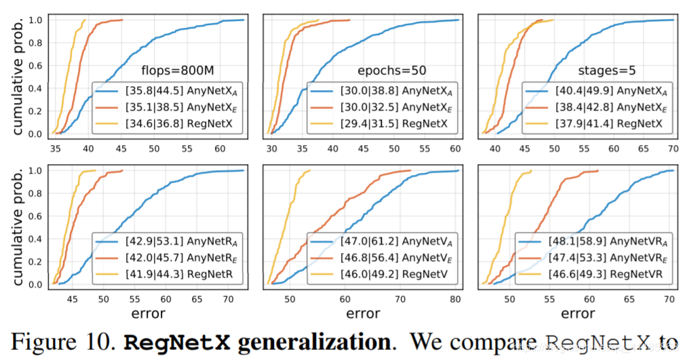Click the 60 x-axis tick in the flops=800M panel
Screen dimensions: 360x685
tap(220, 147)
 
